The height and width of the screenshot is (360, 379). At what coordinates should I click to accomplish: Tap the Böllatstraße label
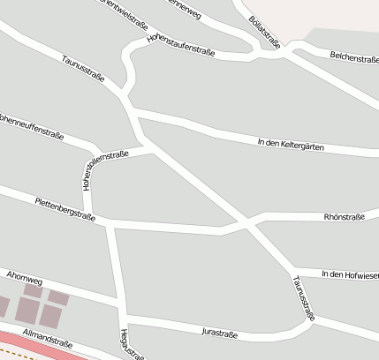tap(265, 30)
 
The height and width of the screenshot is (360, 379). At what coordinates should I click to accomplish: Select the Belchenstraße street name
tap(353, 57)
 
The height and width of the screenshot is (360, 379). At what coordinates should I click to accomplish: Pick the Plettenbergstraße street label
tap(64, 207)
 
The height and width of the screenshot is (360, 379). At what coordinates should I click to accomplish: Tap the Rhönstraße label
tap(345, 214)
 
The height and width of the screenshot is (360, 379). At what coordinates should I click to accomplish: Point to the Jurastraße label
tap(220, 331)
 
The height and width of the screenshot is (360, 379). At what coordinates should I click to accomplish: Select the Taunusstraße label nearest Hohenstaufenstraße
tap(83, 69)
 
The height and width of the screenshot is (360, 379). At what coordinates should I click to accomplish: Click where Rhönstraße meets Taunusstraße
tap(251, 221)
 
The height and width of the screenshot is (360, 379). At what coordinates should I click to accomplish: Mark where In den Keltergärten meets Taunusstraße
tap(134, 115)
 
